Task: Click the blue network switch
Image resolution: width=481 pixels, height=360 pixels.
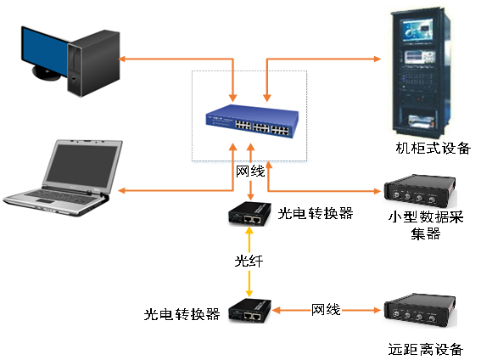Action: (x=252, y=121)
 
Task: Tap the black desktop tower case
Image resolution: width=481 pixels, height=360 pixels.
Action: (x=93, y=63)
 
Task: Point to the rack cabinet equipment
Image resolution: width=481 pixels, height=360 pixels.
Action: (x=421, y=73)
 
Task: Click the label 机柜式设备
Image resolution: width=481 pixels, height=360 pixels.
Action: (x=433, y=149)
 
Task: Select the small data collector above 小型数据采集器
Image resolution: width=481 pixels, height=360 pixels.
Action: (x=420, y=191)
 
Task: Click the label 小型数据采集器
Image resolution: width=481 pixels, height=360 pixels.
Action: (x=426, y=225)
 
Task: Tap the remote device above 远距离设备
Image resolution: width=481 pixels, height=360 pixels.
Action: (x=420, y=310)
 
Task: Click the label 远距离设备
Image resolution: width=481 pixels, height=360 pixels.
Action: (x=426, y=349)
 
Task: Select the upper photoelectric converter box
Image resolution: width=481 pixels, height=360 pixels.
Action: (x=249, y=214)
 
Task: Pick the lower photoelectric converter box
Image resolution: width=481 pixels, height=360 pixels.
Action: (x=249, y=311)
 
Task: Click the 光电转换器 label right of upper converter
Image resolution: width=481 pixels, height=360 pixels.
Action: (x=316, y=213)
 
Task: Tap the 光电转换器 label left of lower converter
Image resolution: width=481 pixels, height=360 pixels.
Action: (x=182, y=314)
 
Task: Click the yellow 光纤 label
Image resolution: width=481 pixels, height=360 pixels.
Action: (x=249, y=262)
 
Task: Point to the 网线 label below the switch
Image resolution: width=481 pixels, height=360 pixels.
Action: (x=250, y=172)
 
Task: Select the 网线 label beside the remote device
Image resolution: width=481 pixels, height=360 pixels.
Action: (x=326, y=310)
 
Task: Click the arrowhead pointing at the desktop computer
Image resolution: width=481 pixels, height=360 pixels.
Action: (x=122, y=59)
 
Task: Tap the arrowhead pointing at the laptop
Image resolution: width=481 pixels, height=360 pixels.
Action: (x=122, y=190)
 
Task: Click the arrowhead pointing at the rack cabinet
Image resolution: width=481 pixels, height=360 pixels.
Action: (x=378, y=59)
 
